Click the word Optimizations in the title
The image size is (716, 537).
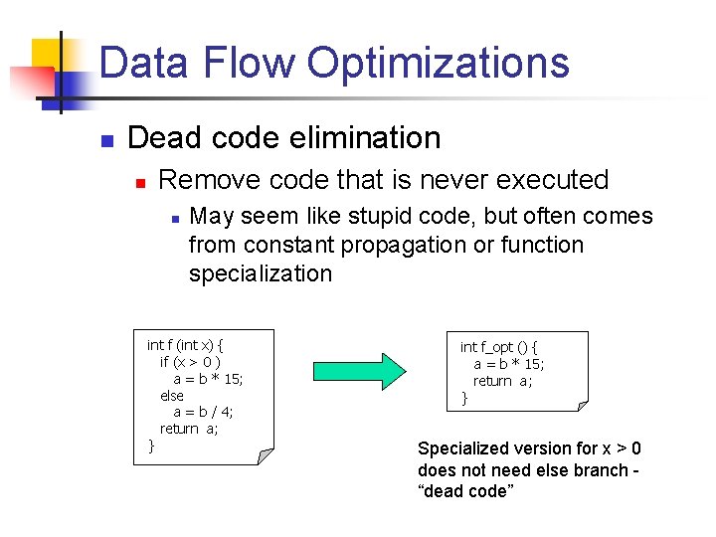(x=438, y=63)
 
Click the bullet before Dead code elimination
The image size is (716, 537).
(x=108, y=139)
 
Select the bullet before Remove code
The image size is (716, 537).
(x=141, y=182)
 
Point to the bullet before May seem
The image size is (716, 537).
(x=173, y=218)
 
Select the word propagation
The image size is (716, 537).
(x=407, y=245)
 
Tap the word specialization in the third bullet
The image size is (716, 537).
(x=261, y=273)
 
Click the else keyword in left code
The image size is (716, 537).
(x=172, y=396)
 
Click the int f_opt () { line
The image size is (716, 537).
(x=499, y=347)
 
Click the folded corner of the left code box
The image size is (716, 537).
(x=265, y=455)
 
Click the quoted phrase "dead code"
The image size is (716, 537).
(x=465, y=491)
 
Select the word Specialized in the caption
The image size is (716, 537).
(x=463, y=448)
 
